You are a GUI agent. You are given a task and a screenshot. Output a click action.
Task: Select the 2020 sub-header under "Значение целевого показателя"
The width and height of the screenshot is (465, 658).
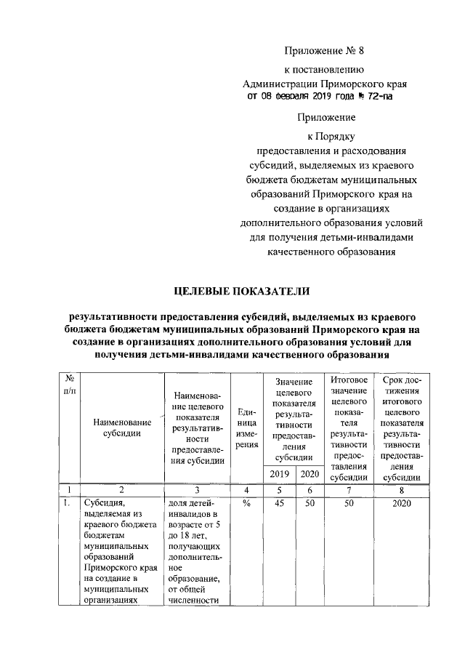[309, 474]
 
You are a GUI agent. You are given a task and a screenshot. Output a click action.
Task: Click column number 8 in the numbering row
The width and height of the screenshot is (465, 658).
[401, 490]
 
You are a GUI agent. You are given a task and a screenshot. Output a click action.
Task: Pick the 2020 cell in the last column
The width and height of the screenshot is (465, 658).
[401, 504]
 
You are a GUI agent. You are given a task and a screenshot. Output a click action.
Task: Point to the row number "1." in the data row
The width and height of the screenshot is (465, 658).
[65, 504]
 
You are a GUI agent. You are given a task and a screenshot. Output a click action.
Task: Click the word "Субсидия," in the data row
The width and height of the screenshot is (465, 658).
[105, 504]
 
